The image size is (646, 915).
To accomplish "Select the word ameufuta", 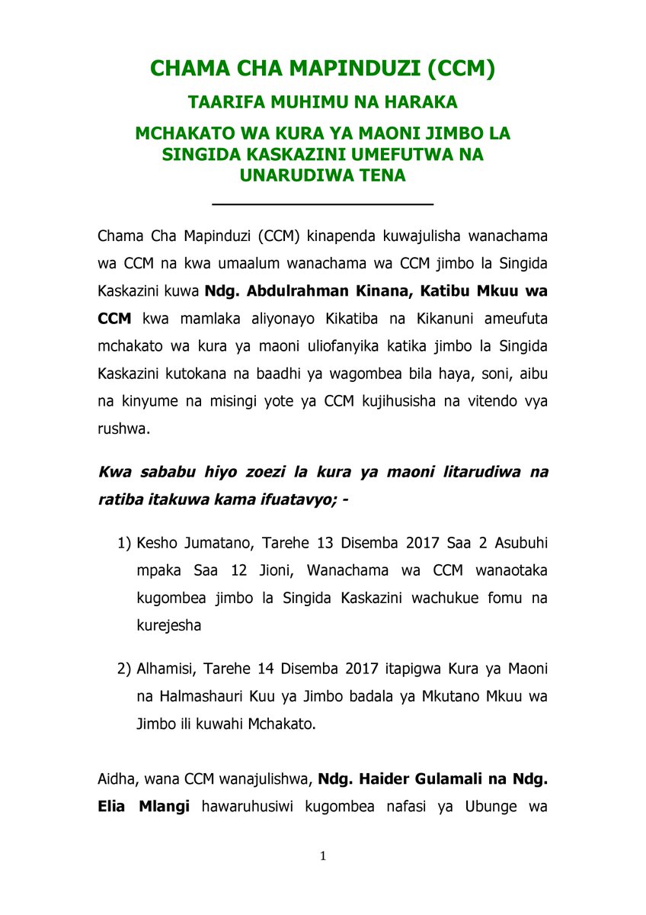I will pos(510,318).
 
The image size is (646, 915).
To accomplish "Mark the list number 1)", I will pos(124,543).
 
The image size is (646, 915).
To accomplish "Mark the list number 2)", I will pos(124,669).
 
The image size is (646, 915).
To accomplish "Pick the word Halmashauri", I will pos(194,696).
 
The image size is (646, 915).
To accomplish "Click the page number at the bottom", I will pos(323,857).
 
